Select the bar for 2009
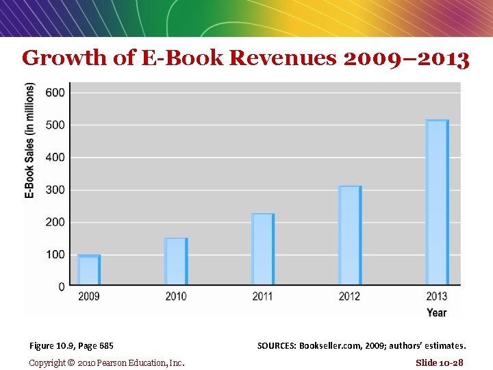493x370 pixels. pos(89,270)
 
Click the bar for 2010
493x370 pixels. pos(176,261)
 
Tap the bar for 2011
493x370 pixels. pos(263,249)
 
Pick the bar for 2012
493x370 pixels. pos(350,235)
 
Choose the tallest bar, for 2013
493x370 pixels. pos(437,202)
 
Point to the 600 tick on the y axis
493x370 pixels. pos(55,92)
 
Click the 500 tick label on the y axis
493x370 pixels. pos(55,125)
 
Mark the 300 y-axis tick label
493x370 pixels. pos(55,190)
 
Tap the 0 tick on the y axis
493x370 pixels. pos(62,286)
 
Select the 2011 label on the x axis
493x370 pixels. pos(262,297)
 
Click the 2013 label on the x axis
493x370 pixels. pos(437,297)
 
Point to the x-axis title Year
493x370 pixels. pos(437,312)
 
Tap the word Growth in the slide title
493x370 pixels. pos(64,58)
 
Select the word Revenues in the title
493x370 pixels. pos(283,58)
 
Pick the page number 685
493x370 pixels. pos(106,346)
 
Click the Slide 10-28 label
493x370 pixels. pos(440,362)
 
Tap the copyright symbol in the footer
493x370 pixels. pos(71,362)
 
